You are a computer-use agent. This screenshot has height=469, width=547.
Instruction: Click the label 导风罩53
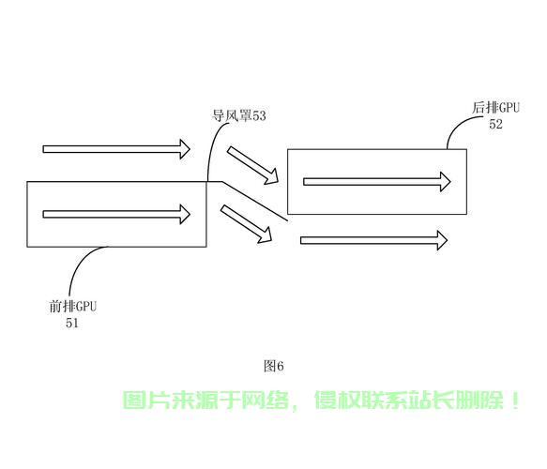click(x=239, y=115)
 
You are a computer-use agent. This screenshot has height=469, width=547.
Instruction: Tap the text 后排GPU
click(x=495, y=107)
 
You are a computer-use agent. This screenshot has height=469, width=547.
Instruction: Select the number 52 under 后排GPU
click(x=495, y=124)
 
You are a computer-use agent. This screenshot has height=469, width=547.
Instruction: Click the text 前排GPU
click(x=73, y=307)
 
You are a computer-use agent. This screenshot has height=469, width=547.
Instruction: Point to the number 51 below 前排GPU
click(x=72, y=323)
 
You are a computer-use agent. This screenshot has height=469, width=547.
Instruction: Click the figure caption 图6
click(x=274, y=366)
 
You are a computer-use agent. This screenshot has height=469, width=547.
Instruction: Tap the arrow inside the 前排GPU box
click(x=116, y=214)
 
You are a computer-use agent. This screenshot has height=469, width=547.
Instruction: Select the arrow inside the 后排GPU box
click(x=377, y=182)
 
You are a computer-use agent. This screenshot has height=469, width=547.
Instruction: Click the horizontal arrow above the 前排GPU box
click(x=116, y=149)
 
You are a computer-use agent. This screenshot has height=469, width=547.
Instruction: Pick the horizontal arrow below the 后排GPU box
click(x=374, y=240)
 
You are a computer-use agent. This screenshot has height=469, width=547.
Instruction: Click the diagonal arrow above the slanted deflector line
click(x=253, y=165)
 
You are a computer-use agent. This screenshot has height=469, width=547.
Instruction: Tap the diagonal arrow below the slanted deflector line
click(x=246, y=224)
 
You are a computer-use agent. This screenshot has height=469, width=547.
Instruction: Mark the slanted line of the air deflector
click(x=254, y=201)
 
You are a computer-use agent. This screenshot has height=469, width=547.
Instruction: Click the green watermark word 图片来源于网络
click(x=206, y=400)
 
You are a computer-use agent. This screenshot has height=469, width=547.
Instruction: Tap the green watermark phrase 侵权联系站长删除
click(x=409, y=400)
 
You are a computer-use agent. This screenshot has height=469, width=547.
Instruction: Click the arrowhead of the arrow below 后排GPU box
click(x=442, y=240)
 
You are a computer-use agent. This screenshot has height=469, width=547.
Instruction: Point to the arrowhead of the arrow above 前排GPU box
click(x=185, y=149)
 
